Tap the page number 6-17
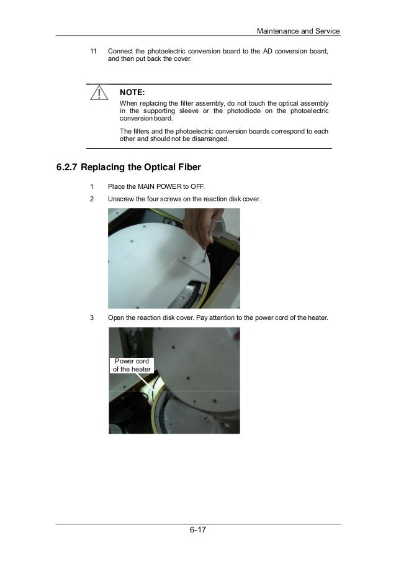tap(198, 530)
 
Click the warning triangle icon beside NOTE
tap(97, 94)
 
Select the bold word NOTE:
tap(132, 93)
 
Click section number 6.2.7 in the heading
tap(67, 168)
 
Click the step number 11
tap(94, 51)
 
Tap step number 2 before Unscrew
tap(91, 199)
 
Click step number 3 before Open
tap(91, 318)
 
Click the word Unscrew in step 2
tap(122, 199)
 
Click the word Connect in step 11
tap(122, 51)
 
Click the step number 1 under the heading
tap(91, 186)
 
